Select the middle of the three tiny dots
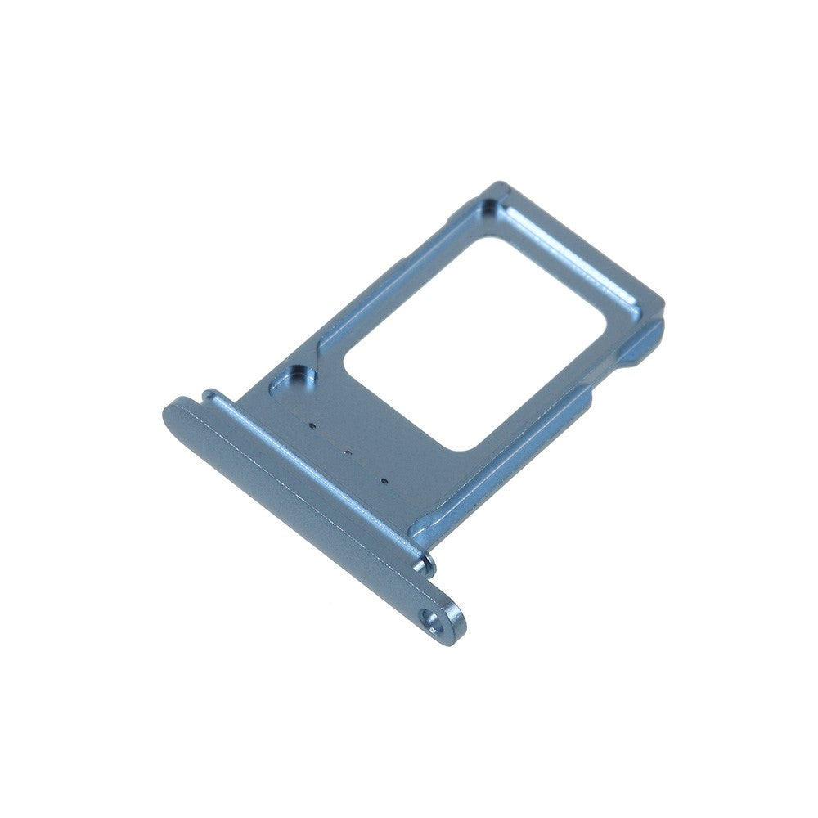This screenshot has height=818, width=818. (346, 451)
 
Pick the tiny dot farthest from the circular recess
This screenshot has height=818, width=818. (382, 479)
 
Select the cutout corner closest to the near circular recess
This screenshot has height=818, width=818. (348, 360)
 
